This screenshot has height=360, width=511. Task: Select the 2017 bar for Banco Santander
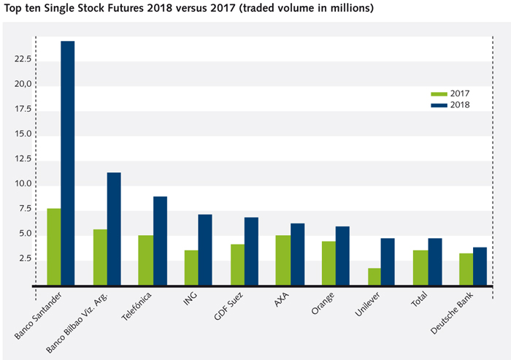pos(53,246)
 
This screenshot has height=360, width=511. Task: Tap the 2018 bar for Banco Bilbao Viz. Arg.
pos(113,229)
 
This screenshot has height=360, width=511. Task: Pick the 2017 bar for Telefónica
pos(145,260)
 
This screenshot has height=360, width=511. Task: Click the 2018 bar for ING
pos(205,249)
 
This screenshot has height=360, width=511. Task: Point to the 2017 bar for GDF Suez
pos(237,264)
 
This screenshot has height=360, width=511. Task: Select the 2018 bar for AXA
pos(297,253)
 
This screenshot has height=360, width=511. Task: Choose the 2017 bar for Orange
pos(328,263)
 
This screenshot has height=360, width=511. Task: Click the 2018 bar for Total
pos(434,261)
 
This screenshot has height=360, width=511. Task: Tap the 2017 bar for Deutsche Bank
pos(466,269)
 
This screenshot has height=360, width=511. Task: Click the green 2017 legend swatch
pos(439,94)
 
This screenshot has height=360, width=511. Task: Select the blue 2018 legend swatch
pos(439,105)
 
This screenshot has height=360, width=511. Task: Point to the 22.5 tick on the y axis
pos(22,60)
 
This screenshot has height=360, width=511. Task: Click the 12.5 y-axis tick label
pos(22,159)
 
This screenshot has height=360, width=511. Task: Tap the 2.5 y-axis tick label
pos(24,258)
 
